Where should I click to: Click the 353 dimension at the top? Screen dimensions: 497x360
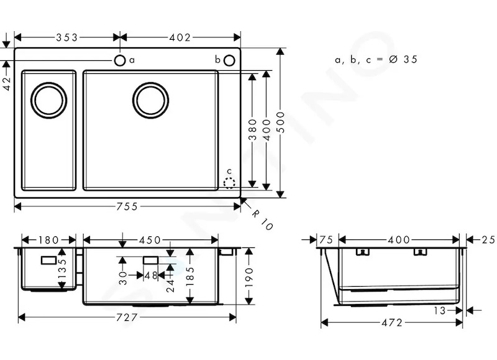coord(66,38)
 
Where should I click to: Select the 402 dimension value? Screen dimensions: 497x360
coord(180,38)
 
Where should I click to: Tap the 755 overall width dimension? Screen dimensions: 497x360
coord(127,207)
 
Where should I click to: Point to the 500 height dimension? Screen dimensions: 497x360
coord(280,122)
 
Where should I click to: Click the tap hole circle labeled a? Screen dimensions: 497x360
coord(120,60)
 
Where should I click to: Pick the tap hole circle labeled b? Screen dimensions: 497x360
coord(229,60)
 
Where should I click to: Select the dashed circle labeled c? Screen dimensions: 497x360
coord(229,183)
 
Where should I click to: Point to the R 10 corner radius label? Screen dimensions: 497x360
coord(262,220)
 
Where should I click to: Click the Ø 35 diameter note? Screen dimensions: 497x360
coord(403,59)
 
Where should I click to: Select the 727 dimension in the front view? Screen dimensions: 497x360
coord(127,317)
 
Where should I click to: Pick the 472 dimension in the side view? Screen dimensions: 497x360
coord(392,323)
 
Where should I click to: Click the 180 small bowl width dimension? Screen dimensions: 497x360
coord(48,240)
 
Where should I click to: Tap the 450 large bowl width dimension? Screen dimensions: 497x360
coord(150,240)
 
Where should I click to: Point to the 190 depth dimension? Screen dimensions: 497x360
coord(249,277)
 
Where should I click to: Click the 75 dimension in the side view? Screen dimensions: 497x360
coord(326,240)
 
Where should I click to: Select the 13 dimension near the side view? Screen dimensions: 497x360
coord(440,310)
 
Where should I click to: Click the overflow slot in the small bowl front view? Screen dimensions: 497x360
coord(49,261)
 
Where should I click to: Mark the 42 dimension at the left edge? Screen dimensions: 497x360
coord(7,83)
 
